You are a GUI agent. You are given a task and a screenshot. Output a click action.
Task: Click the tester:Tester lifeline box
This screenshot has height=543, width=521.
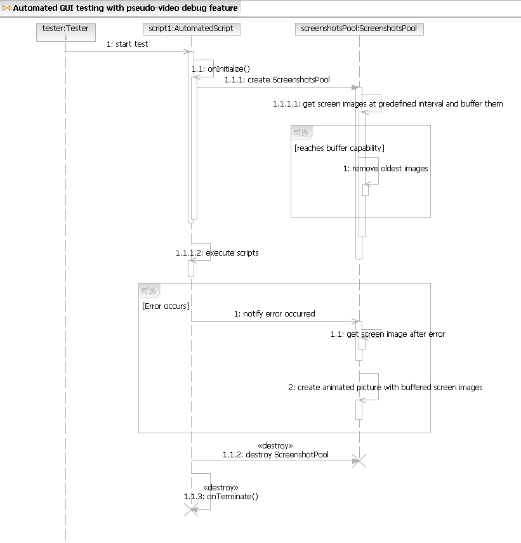66,32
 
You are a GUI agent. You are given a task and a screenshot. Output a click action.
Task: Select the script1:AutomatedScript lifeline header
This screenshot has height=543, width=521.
191,29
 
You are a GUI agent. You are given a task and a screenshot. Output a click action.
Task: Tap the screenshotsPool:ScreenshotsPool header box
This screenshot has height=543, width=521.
359,29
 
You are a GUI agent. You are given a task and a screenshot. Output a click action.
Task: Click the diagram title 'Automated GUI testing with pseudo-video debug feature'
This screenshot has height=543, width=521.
126,8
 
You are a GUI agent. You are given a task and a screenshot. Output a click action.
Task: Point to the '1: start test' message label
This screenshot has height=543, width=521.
127,44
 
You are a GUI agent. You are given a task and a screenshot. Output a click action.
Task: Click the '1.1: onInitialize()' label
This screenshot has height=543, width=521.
221,69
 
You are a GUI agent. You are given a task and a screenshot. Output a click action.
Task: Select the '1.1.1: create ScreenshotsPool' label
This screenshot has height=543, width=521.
277,80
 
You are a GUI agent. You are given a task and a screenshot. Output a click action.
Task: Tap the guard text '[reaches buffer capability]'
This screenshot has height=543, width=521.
340,148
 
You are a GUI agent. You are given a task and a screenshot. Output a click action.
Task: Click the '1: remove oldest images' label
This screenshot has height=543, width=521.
386,169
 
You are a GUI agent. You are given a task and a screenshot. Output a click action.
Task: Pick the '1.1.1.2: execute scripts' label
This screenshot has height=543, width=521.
217,253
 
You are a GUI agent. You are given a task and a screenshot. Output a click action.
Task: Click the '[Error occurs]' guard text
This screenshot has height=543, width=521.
166,306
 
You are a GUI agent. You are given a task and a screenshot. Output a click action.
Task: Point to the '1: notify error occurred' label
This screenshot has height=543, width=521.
274,314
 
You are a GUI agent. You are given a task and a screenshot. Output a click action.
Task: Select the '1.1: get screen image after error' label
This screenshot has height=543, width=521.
388,334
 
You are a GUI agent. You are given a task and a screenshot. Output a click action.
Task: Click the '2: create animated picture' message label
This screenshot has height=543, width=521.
385,388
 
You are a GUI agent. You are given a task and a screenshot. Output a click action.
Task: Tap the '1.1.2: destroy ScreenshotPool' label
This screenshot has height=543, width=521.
275,455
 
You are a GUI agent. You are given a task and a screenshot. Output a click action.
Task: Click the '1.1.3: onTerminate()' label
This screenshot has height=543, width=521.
221,497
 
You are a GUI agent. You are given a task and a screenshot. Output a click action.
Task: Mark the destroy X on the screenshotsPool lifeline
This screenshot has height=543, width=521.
359,461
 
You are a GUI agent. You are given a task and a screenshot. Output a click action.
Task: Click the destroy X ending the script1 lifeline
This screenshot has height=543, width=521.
191,510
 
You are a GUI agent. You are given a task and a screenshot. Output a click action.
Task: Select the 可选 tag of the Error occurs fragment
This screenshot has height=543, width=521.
149,291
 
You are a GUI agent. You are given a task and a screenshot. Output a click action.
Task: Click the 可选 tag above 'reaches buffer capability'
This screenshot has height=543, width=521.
301,133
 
